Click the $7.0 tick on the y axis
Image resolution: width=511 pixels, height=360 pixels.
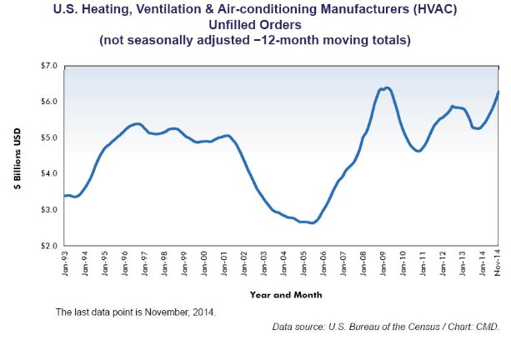tap(48, 65)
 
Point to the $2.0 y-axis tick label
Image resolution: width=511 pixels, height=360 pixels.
tap(48, 246)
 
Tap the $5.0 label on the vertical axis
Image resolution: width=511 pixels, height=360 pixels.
tap(48, 137)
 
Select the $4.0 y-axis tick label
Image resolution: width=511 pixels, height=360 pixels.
tap(48, 173)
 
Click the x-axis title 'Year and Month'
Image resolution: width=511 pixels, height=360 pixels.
tap(285, 294)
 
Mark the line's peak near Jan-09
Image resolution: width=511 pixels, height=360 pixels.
tap(385, 87)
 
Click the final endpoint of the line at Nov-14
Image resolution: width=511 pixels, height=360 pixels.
tap(498, 92)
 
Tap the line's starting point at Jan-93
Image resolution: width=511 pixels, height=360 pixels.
tap(65, 196)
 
